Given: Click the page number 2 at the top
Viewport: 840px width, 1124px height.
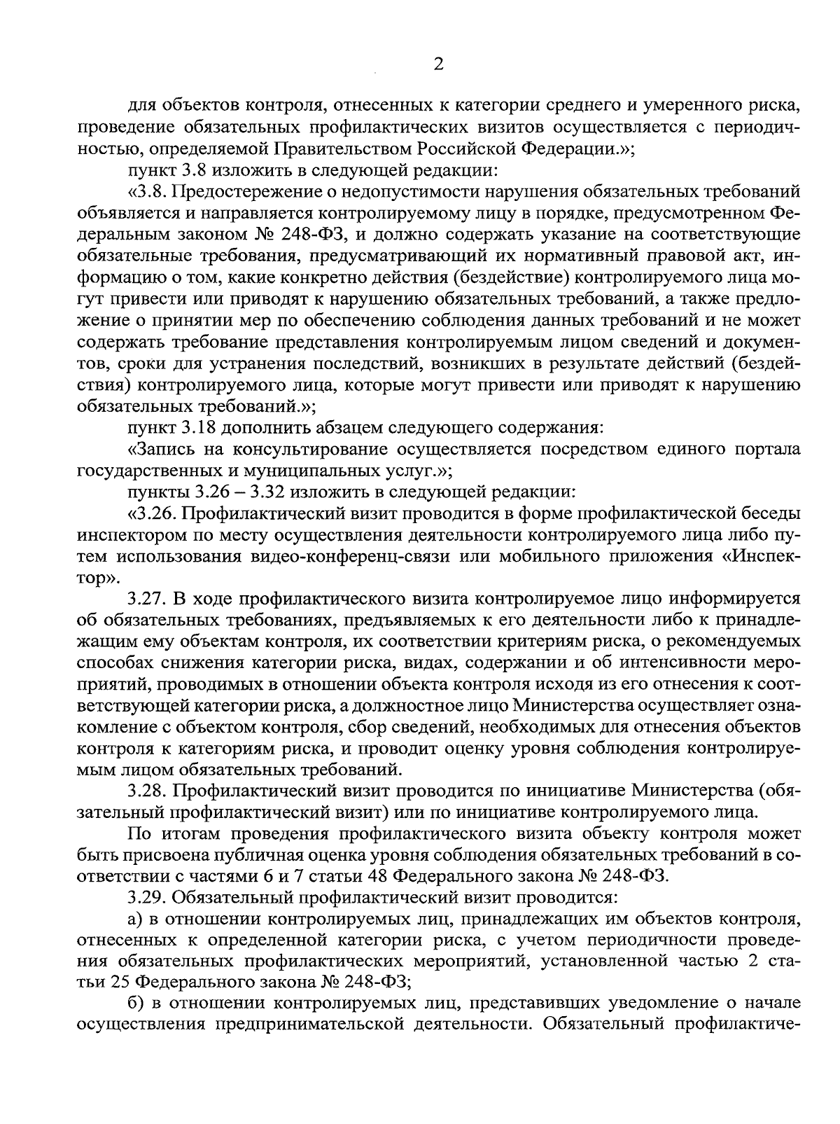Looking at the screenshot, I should pyautogui.click(x=439, y=64).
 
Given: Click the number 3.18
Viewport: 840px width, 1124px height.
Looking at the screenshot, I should pyautogui.click(x=200, y=427).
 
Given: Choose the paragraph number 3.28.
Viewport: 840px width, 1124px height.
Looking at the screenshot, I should pyautogui.click(x=146, y=792).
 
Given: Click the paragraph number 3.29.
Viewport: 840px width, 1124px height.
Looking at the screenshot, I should pyautogui.click(x=146, y=898).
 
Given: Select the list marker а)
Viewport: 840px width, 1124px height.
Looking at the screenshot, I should pyautogui.click(x=136, y=920).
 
